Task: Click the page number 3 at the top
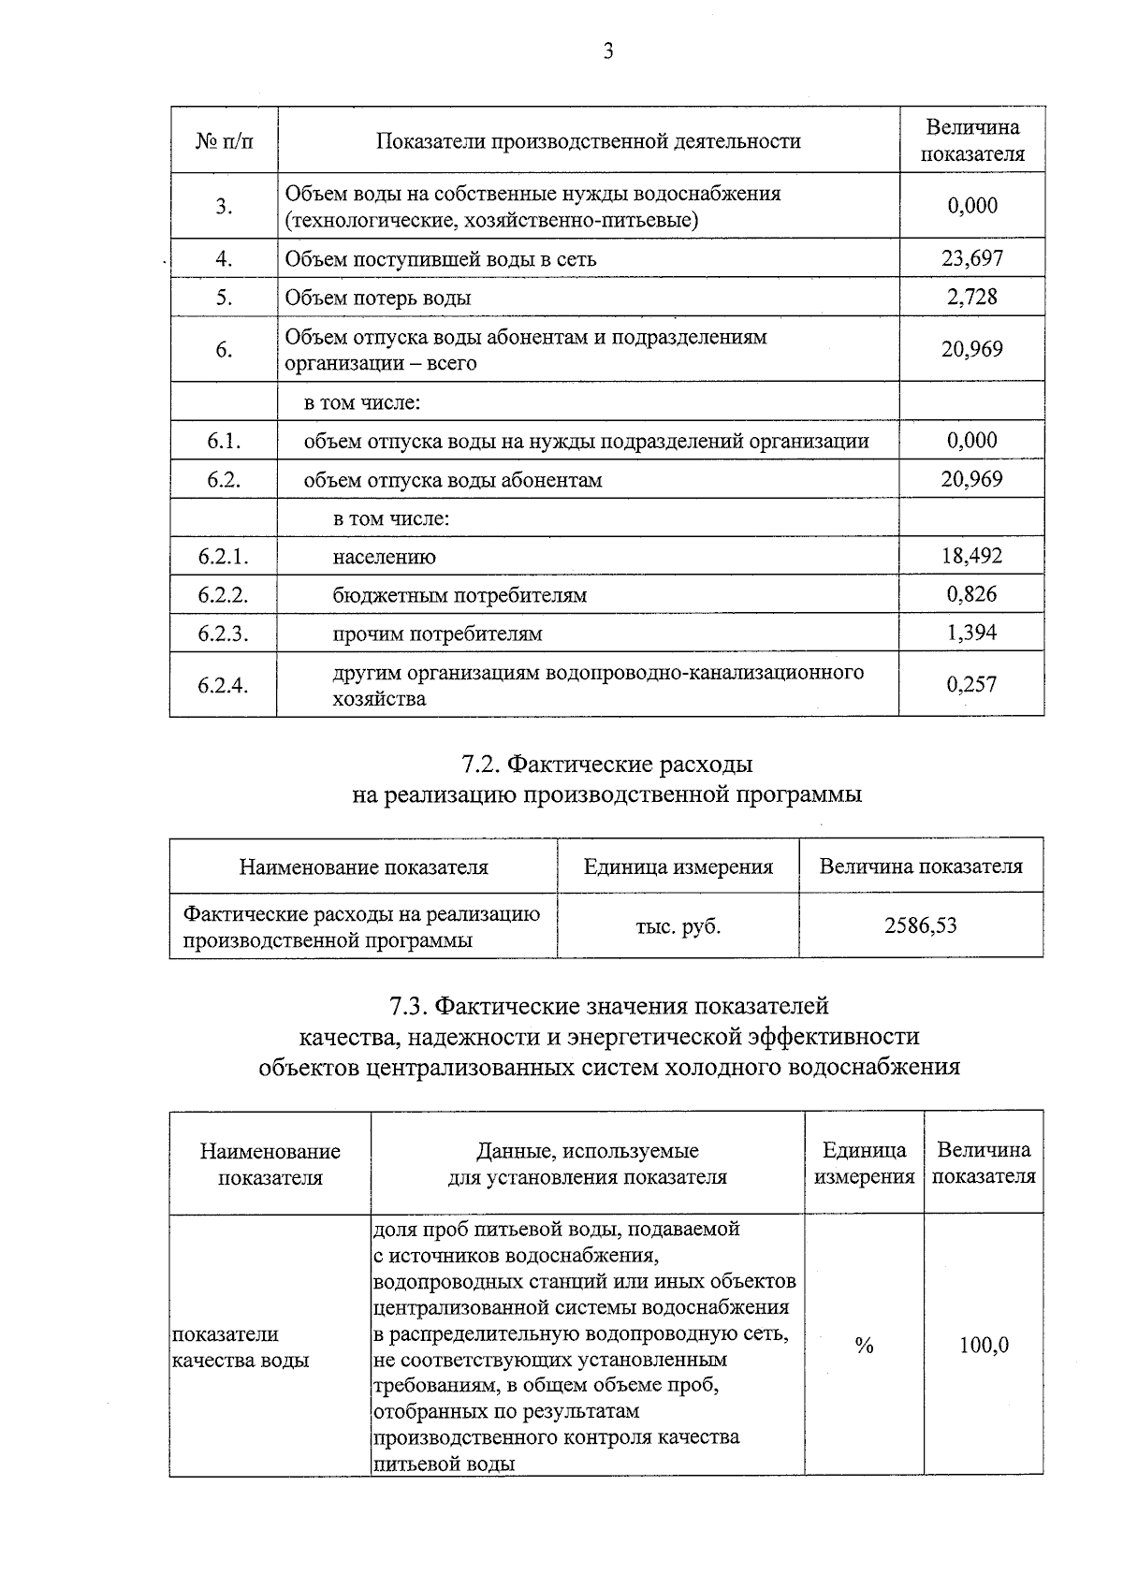point(608,52)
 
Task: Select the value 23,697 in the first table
point(971,258)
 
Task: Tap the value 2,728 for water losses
point(971,297)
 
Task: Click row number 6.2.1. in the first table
point(224,557)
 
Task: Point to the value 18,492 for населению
point(971,556)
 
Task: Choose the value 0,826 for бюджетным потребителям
point(971,594)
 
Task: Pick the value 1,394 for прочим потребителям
point(971,633)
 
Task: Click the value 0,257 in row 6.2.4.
point(971,684)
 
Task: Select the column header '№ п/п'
point(224,141)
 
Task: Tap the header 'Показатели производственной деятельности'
point(589,141)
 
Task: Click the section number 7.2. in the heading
point(482,765)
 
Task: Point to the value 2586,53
point(921,925)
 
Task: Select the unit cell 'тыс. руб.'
point(678,925)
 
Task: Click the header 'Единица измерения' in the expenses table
point(678,867)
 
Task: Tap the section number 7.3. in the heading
point(409,1006)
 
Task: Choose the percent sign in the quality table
point(864,1346)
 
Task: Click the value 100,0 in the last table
point(984,1346)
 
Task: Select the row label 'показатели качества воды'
point(241,1347)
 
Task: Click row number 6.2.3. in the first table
point(224,634)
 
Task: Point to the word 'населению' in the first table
point(385,557)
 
